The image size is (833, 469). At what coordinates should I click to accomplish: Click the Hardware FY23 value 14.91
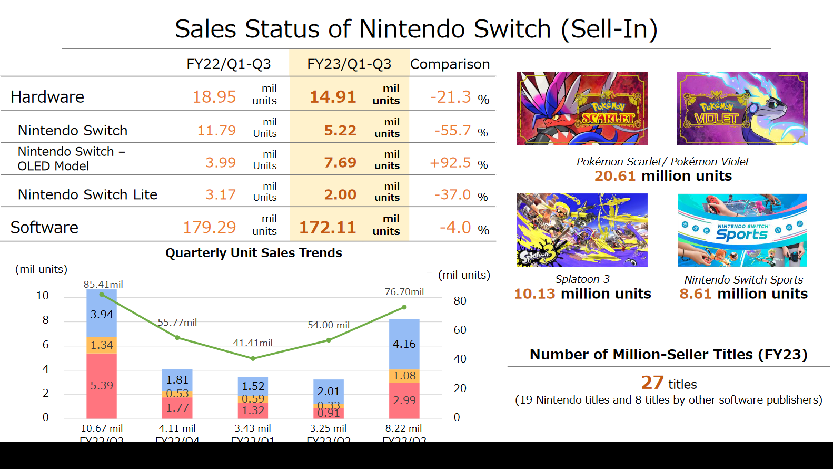[332, 97]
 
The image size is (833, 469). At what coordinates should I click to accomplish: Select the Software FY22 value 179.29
[209, 227]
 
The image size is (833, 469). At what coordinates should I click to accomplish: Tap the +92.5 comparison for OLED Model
[450, 163]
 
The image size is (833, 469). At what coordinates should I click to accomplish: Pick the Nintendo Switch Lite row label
[87, 194]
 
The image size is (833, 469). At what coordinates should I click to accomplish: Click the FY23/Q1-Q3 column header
[349, 64]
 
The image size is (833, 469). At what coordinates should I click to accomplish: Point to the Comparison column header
[450, 64]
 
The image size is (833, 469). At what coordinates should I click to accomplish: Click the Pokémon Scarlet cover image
[582, 109]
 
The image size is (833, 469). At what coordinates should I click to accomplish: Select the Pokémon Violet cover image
[742, 109]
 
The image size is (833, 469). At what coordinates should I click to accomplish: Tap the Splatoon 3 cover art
[582, 230]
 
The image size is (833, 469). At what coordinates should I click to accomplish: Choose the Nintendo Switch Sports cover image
[742, 230]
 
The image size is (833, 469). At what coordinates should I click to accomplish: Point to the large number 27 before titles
[652, 383]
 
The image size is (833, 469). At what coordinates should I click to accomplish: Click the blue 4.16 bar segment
[404, 344]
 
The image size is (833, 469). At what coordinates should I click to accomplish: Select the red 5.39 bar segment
[102, 386]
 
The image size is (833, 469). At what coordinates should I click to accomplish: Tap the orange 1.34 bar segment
[102, 345]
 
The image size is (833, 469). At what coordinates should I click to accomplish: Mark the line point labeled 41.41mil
[253, 358]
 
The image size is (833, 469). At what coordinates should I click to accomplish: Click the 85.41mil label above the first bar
[103, 285]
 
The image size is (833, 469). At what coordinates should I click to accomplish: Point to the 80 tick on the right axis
[460, 301]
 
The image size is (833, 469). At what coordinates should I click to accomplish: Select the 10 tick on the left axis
[43, 296]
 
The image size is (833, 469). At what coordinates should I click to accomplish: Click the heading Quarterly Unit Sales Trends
[253, 253]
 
